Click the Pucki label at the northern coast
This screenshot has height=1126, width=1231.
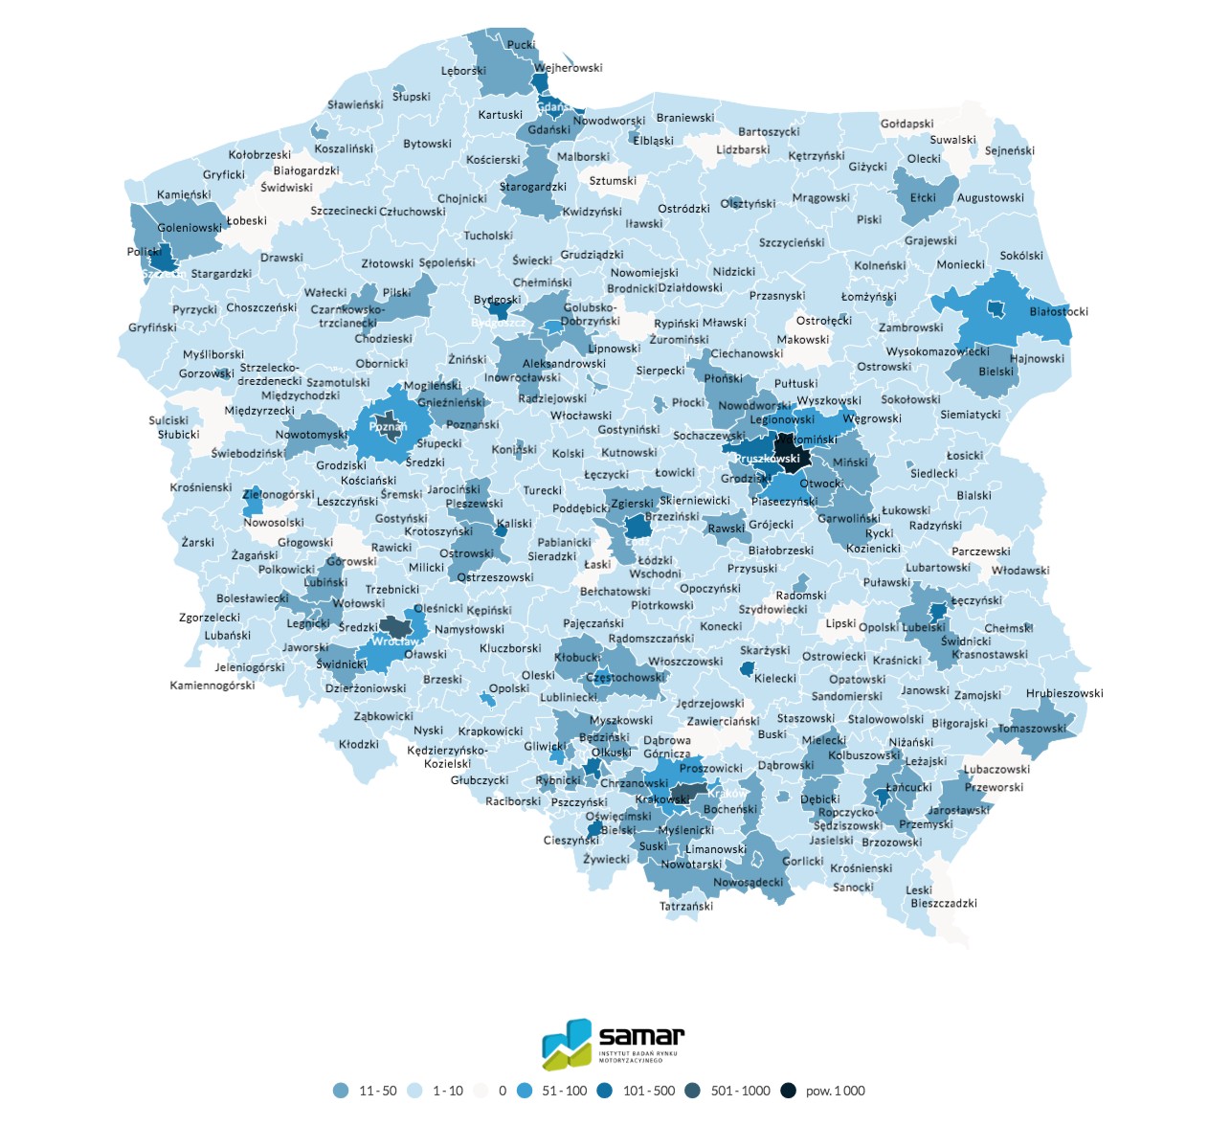point(522,45)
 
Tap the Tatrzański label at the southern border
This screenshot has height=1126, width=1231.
point(686,906)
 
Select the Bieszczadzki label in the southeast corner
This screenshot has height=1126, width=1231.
point(944,903)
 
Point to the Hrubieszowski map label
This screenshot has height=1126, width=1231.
point(1064,693)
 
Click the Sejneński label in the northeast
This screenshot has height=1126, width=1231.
point(1010,150)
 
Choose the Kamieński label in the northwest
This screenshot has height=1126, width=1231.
point(184,194)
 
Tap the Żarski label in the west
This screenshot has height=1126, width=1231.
point(198,542)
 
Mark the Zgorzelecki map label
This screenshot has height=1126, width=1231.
point(210,618)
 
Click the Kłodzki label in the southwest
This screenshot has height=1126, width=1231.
point(359,744)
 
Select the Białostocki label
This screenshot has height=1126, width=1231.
point(1059,311)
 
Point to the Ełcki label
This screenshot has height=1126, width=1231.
point(923,197)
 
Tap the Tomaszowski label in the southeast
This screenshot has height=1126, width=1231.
point(1032,729)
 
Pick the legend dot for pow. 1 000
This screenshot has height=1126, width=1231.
point(788,1091)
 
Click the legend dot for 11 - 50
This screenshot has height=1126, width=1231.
point(341,1091)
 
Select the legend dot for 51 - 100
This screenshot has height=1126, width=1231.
point(524,1091)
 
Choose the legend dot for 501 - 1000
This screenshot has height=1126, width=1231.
point(692,1091)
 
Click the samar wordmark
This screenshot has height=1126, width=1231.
point(641,1036)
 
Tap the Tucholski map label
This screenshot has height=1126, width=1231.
point(488,236)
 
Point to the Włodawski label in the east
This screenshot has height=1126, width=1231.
point(1020,570)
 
